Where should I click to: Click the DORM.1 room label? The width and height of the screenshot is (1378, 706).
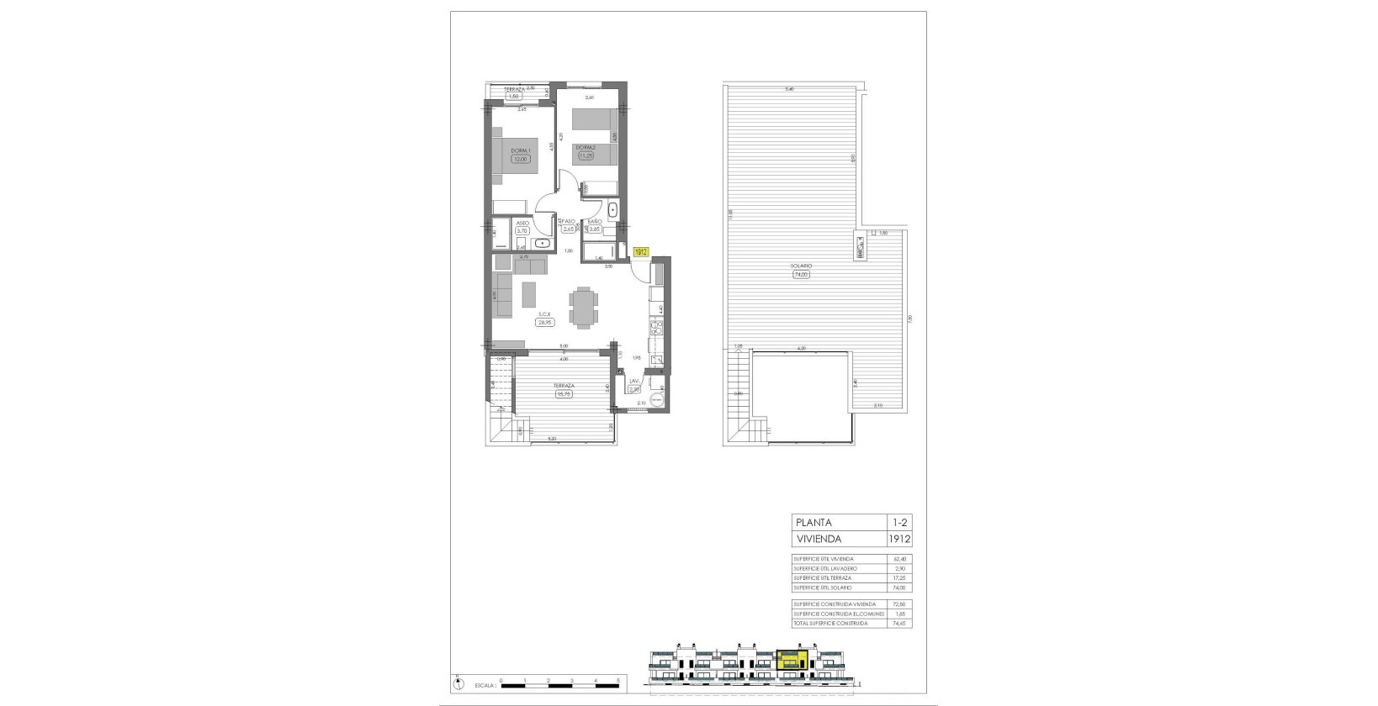tap(520, 151)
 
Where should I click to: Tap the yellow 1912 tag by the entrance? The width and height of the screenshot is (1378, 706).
tap(641, 251)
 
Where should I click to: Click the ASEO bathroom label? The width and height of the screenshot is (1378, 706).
tap(522, 223)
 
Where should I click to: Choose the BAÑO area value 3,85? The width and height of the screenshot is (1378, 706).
tap(594, 229)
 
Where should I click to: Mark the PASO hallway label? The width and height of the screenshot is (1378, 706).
tap(569, 222)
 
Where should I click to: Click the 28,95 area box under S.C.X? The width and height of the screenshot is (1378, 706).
tap(544, 322)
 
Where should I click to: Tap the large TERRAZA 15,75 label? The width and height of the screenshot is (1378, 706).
tap(563, 386)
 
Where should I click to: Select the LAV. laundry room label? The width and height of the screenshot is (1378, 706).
tap(634, 381)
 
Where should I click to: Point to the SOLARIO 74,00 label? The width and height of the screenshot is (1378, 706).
tap(799, 266)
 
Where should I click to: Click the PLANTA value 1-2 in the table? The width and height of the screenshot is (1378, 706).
tap(900, 522)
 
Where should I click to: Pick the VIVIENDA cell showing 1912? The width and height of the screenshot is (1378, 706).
tap(900, 540)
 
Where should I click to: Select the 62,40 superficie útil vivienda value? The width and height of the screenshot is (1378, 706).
tap(900, 559)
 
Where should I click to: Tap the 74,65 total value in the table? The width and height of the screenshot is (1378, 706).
tap(900, 623)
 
